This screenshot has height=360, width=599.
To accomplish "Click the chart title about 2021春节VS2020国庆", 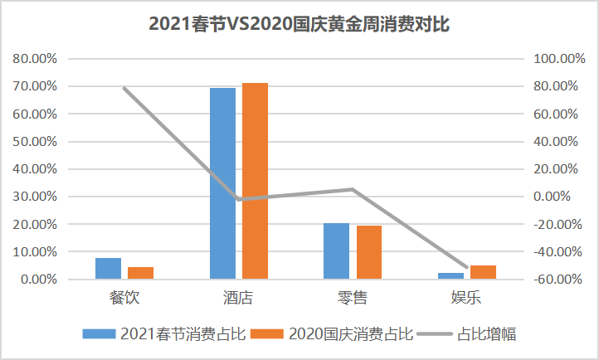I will [x=299, y=24].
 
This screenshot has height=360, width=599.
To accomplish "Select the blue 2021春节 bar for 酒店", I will [x=222, y=182].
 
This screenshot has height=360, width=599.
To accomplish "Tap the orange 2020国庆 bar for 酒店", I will [x=255, y=181].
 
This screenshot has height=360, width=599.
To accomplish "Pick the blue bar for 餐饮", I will [x=108, y=269].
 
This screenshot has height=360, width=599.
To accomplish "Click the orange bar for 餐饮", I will [x=140, y=273].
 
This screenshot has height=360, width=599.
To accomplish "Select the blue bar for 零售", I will [x=336, y=251].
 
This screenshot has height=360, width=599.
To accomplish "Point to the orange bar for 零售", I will [x=368, y=252].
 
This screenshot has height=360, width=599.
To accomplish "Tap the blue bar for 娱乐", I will [x=450, y=275].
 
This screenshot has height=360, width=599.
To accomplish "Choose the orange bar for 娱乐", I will [x=483, y=272].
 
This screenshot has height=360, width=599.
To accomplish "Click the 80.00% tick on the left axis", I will [x=34, y=59].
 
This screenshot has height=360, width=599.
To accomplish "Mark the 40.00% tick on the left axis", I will [x=34, y=169].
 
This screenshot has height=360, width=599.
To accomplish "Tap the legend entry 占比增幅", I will [x=485, y=333].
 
